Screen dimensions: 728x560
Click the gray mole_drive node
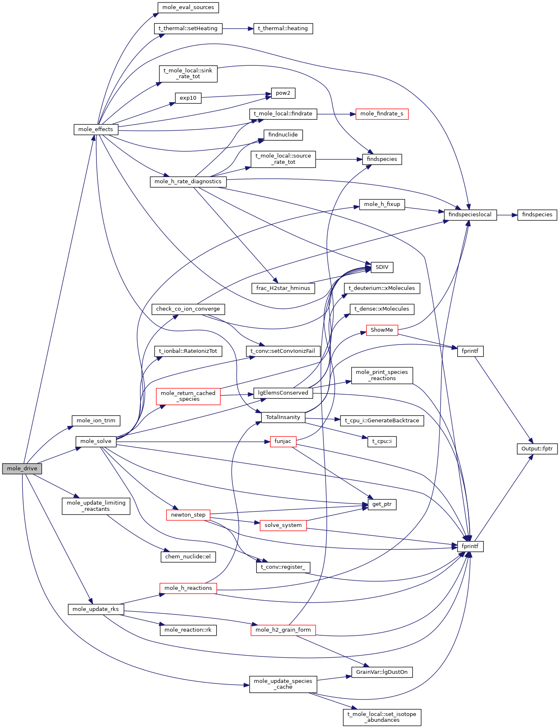[22, 469]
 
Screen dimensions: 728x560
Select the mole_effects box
[96, 129]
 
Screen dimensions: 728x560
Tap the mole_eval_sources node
[188, 7]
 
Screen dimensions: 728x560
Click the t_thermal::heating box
[283, 29]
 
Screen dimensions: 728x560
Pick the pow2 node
[283, 93]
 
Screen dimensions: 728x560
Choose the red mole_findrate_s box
[381, 114]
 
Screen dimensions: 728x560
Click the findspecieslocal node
[470, 215]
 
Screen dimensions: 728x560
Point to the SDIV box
[382, 267]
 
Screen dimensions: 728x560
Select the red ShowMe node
[382, 330]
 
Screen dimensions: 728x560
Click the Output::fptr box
[537, 449]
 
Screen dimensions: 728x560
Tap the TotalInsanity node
[283, 417]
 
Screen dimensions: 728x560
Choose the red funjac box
[283, 441]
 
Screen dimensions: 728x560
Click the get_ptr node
[382, 504]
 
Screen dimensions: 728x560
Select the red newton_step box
[188, 515]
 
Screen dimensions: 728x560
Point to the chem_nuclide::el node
[188, 557]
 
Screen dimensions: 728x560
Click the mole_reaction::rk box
[188, 630]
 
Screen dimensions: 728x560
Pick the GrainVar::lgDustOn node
[382, 672]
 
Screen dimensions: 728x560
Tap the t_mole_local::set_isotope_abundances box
[382, 717]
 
